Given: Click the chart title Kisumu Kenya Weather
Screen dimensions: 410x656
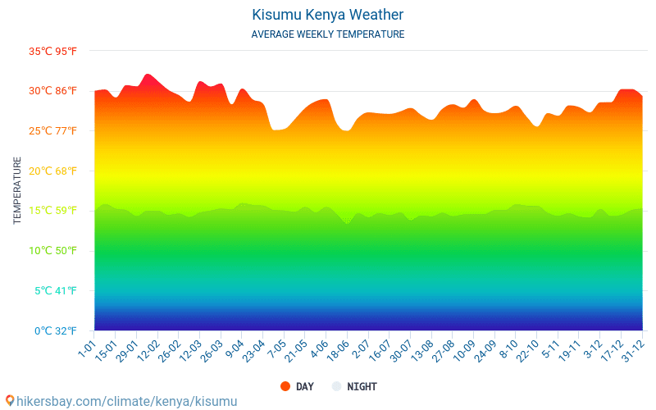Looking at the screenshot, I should click(x=328, y=15).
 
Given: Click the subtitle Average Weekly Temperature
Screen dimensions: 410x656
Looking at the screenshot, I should click(x=328, y=34).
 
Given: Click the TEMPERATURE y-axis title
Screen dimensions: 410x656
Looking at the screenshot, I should click(x=17, y=191).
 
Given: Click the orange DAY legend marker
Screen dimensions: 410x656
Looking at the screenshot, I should click(x=285, y=386).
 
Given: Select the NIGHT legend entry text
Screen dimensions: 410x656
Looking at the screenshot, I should click(x=362, y=386).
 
